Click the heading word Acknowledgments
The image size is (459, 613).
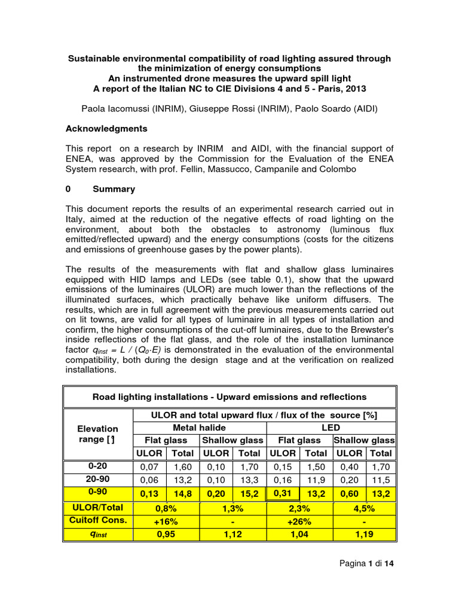[x=106, y=128]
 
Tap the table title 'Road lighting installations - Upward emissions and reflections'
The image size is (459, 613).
[x=229, y=396]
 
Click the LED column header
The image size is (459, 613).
[x=330, y=427]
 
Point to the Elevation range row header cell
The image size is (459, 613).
[x=97, y=434]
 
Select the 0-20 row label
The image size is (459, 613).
[x=98, y=466]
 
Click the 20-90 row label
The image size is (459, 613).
[x=98, y=480]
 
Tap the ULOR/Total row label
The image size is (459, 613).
[x=98, y=507]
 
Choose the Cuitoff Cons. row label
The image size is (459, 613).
[x=98, y=520]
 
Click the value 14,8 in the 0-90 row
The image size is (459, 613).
[x=182, y=494]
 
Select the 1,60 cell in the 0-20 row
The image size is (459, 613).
[x=182, y=466]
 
